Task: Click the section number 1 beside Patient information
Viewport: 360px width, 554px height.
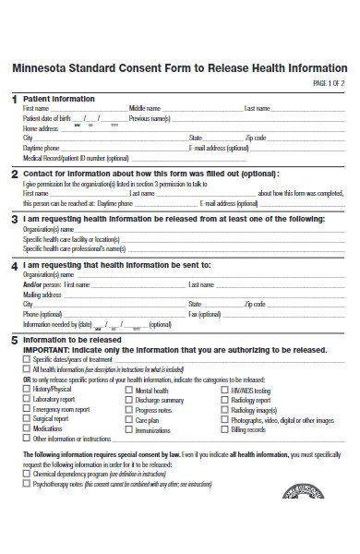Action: [x=14, y=99]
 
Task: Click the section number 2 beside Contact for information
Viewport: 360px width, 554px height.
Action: [x=14, y=174]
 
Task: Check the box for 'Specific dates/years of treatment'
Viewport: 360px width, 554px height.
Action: [x=26, y=359]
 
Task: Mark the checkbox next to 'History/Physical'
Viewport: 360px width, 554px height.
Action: [x=26, y=390]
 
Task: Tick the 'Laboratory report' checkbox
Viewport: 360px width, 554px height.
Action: [x=26, y=400]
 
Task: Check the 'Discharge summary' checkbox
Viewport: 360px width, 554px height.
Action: [x=128, y=400]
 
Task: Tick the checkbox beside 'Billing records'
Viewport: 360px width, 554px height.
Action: [x=224, y=429]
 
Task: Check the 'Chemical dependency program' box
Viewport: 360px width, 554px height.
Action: [x=26, y=473]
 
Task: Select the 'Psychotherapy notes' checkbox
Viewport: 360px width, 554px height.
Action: [x=26, y=483]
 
